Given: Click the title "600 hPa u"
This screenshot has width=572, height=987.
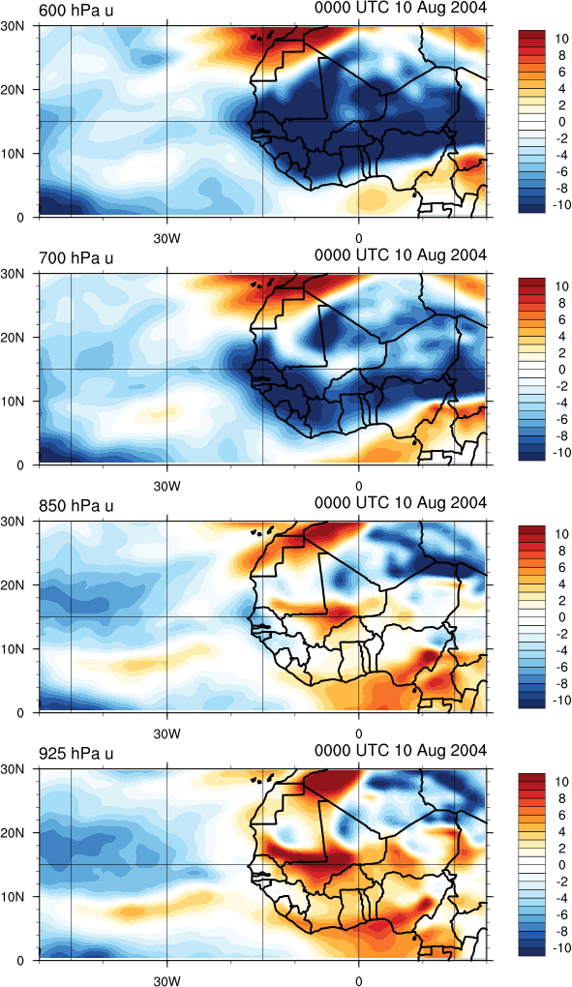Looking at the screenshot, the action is (76, 11).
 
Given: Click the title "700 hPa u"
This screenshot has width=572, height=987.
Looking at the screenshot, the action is (76, 258).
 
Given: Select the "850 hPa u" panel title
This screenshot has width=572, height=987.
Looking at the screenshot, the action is (76, 506).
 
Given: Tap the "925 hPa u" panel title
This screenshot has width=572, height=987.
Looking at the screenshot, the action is (76, 754).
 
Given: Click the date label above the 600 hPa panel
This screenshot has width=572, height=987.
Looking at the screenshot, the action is (401, 8).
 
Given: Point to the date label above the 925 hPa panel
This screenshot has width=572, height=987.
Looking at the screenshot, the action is (401, 750).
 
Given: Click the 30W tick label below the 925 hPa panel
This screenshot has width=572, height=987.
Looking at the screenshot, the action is (166, 980).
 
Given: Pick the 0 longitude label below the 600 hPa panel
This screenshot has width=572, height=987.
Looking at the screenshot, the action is (359, 238).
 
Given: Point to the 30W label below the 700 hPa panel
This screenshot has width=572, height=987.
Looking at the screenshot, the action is (166, 486).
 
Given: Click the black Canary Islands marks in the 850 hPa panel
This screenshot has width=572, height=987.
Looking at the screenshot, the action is (263, 531).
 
